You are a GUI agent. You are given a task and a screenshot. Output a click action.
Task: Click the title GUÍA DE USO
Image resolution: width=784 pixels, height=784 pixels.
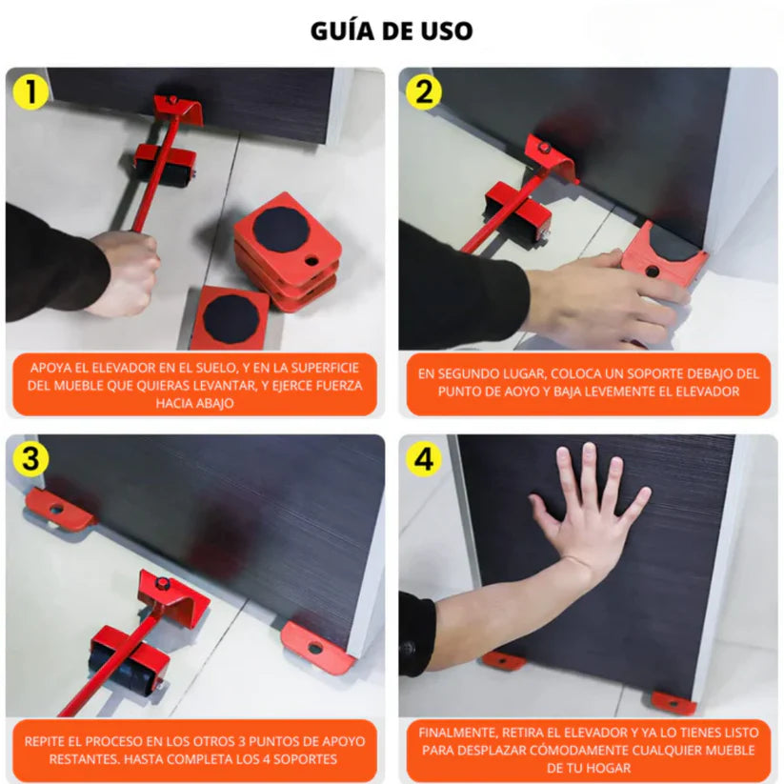click(392, 30)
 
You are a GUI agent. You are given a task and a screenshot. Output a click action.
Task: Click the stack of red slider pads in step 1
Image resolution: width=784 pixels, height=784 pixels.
click(287, 252)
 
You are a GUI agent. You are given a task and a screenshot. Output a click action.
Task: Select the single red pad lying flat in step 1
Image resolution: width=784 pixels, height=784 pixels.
click(229, 317)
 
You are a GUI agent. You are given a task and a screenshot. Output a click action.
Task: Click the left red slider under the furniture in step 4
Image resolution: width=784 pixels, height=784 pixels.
click(503, 660)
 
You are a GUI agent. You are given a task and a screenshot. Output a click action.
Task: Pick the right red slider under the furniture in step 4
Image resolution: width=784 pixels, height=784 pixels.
click(673, 703)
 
